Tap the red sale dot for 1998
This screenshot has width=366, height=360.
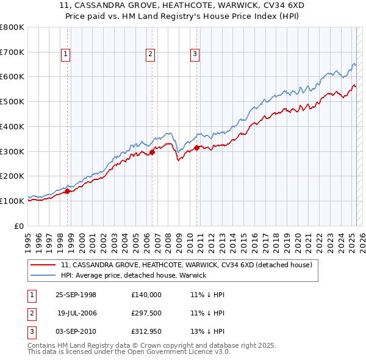pyautogui.click(x=68, y=191)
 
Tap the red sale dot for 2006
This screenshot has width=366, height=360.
pyautogui.click(x=152, y=153)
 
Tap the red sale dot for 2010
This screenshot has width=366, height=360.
pyautogui.click(x=197, y=148)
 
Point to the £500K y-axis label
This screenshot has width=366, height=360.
pyautogui.click(x=12, y=101)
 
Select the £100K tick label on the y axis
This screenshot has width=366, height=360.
pyautogui.click(x=12, y=201)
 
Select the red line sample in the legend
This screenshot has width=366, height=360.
pyautogui.click(x=43, y=265)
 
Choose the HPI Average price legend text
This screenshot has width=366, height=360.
pyautogui.click(x=134, y=275)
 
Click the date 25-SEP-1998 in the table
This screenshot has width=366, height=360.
pyautogui.click(x=76, y=295)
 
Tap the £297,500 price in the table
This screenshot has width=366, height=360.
pyautogui.click(x=146, y=313)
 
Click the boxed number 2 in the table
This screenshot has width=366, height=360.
pyautogui.click(x=32, y=313)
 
